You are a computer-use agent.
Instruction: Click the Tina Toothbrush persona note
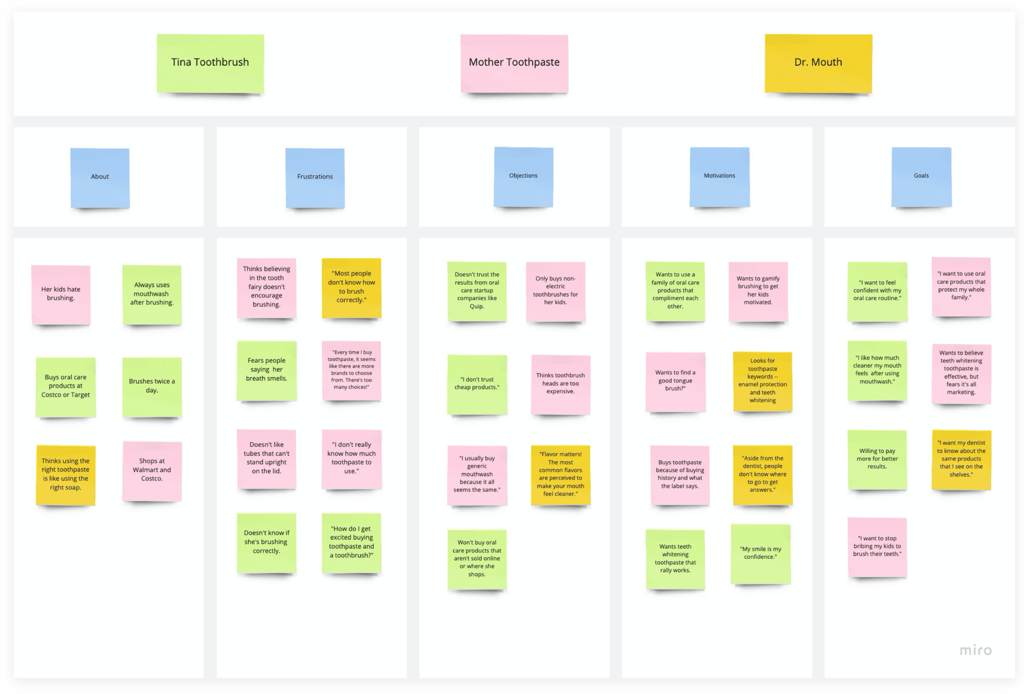click(x=210, y=63)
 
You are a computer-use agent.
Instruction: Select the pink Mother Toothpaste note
click(x=514, y=63)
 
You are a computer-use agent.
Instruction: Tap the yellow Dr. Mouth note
click(x=818, y=63)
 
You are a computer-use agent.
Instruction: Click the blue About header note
click(x=100, y=177)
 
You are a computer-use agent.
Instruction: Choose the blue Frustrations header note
click(x=315, y=177)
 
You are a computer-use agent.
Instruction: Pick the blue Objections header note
click(x=524, y=177)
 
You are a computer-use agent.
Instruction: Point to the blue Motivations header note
click(x=719, y=177)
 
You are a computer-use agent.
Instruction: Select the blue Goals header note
click(x=922, y=177)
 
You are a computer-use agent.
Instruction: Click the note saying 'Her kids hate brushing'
click(x=61, y=295)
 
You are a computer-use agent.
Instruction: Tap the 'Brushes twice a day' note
click(x=152, y=387)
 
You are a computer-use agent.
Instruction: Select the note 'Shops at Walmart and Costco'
click(x=152, y=471)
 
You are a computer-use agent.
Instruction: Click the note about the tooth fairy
click(x=266, y=288)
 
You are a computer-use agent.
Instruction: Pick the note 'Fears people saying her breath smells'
click(x=266, y=371)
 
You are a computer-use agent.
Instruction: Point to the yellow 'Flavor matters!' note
click(x=561, y=475)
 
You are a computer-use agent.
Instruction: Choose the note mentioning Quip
click(x=477, y=291)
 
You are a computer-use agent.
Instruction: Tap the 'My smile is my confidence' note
click(x=761, y=554)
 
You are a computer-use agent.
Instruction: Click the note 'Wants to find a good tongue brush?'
click(x=675, y=382)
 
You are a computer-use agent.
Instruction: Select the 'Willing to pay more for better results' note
click(x=877, y=460)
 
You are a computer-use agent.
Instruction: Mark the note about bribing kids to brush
click(x=877, y=547)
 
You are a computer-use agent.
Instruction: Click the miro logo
click(x=975, y=650)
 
